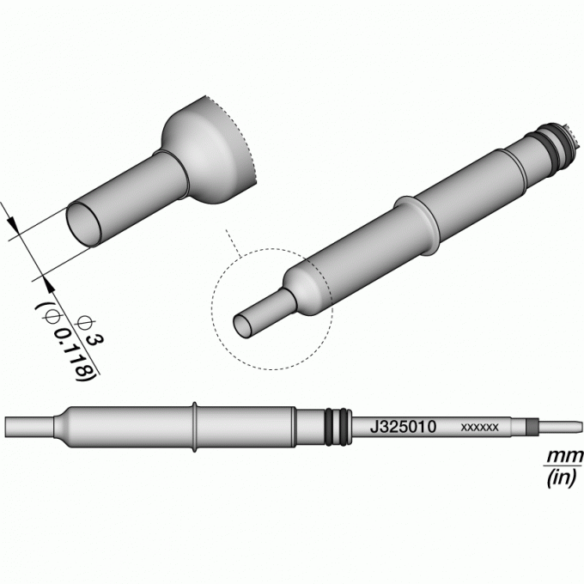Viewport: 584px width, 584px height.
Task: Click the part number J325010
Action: coord(403,427)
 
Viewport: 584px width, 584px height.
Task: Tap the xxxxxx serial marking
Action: coord(479,427)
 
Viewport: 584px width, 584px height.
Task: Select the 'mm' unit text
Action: coord(564,456)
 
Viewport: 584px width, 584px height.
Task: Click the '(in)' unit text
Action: coord(563,478)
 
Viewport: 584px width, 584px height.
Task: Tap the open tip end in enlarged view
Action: coord(84,224)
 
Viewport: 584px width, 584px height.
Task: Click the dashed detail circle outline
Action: coord(212,309)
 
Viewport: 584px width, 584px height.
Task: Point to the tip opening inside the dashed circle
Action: coord(242,326)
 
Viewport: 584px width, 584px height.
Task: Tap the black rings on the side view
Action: coord(338,427)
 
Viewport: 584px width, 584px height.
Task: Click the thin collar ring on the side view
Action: coord(194,427)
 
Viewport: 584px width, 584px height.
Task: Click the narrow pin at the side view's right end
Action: coord(561,427)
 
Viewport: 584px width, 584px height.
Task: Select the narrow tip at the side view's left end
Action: coord(30,427)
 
